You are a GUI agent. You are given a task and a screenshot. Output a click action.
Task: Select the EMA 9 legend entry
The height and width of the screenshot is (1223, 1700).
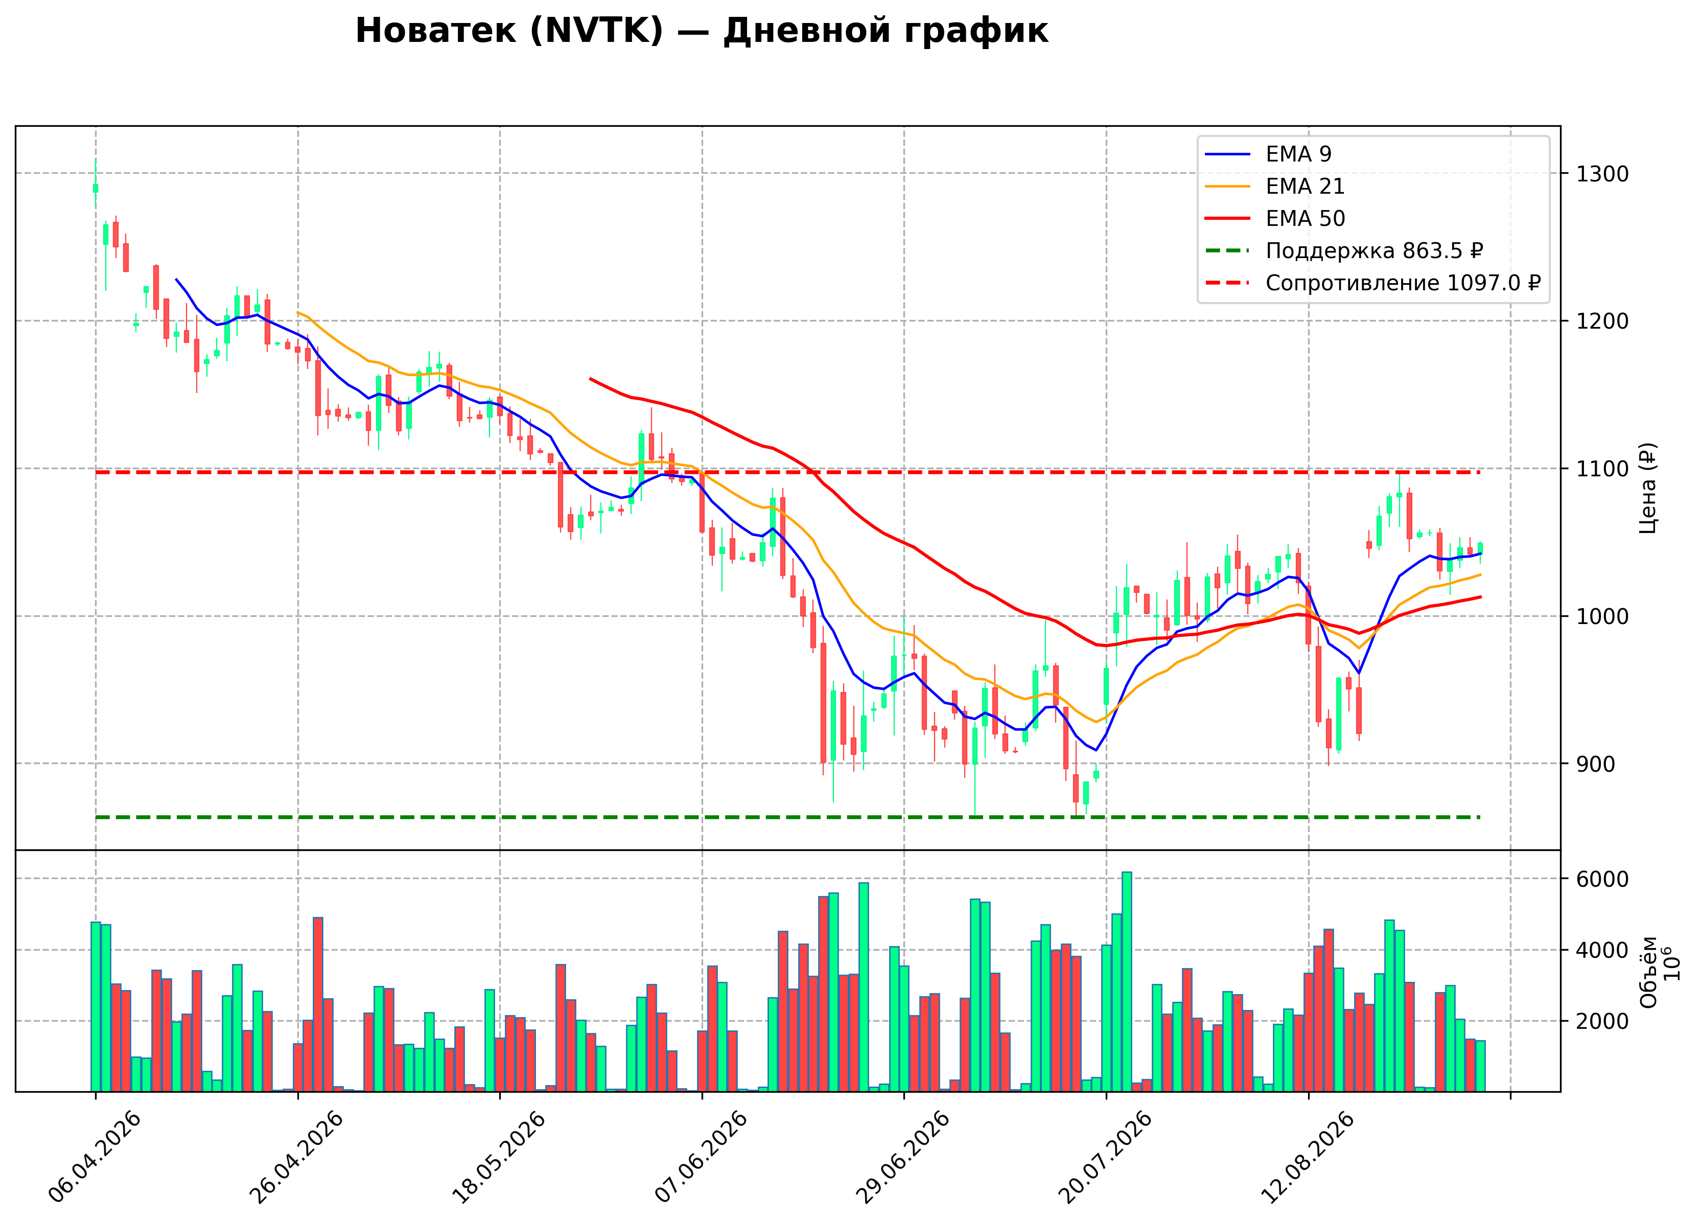1268,154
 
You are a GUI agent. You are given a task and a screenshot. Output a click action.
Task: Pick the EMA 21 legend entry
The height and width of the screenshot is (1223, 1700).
1274,186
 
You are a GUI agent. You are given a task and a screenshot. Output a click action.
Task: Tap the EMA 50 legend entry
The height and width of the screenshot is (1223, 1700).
1274,218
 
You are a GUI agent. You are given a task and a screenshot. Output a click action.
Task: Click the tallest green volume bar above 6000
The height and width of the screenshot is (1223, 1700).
1127,982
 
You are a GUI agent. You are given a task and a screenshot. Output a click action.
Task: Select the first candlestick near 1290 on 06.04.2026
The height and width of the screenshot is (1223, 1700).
95,188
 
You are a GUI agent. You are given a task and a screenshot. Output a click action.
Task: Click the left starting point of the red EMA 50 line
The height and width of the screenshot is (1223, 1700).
591,379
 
